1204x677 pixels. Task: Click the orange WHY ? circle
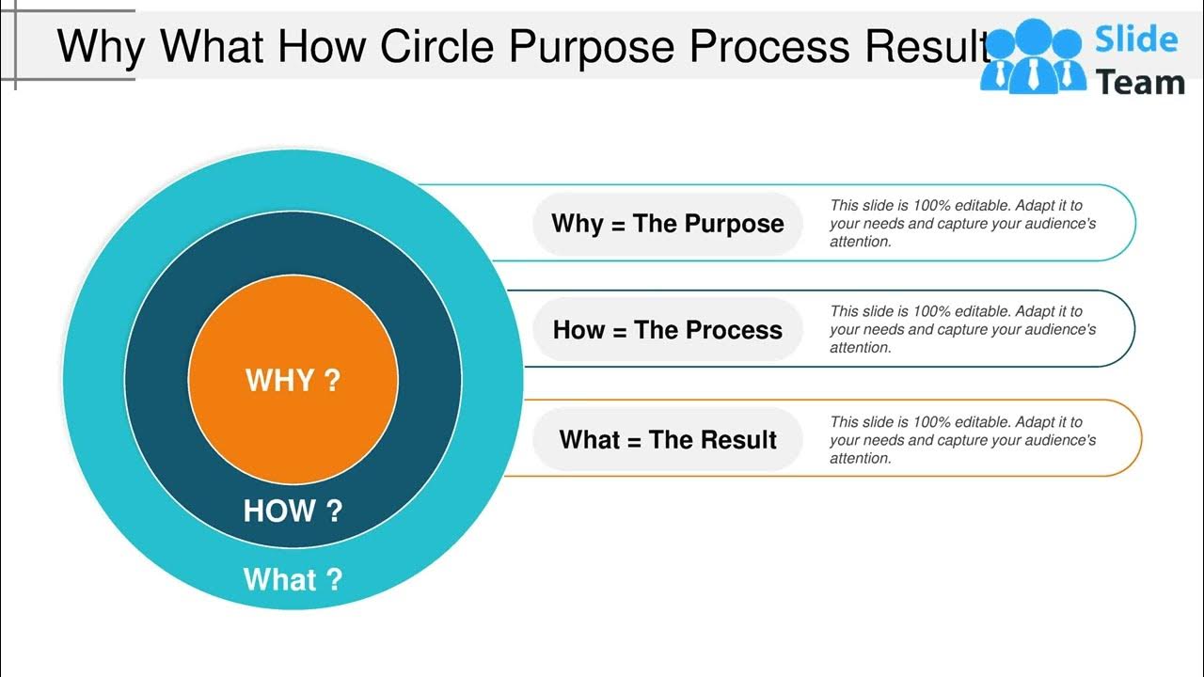[293, 380]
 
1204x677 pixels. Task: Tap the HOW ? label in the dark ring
[293, 511]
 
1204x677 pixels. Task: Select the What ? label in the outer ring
[293, 579]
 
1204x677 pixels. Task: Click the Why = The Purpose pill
[667, 224]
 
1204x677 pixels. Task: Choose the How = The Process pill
[667, 330]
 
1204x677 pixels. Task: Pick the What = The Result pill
[667, 440]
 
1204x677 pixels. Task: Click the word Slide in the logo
[1136, 39]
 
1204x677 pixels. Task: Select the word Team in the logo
[1140, 83]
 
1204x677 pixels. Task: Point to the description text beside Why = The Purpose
[962, 224]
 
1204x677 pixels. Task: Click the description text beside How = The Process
[962, 330]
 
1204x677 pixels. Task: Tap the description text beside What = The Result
[962, 440]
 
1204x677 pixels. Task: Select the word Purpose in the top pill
[733, 224]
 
